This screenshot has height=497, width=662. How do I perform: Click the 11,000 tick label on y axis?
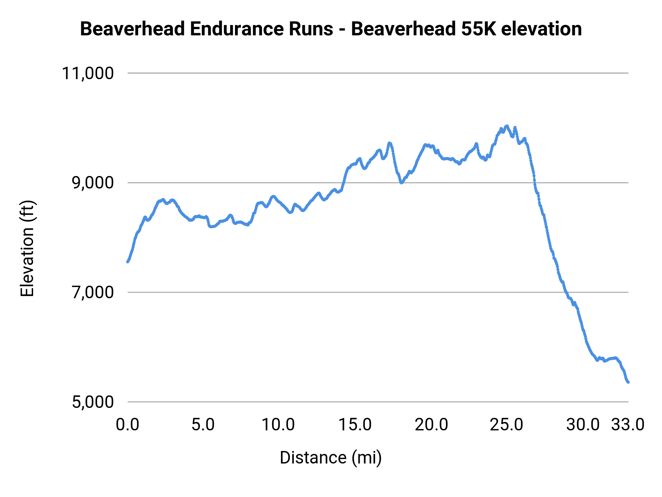click(x=88, y=73)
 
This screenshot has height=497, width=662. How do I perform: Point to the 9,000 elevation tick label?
click(x=93, y=183)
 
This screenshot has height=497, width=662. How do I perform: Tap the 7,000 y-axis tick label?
click(x=93, y=293)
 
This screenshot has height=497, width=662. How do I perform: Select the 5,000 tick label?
click(x=93, y=402)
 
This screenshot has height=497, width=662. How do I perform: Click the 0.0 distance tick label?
click(x=127, y=425)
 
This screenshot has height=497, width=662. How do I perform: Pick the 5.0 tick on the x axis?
click(x=203, y=425)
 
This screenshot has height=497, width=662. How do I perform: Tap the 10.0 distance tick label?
click(x=278, y=425)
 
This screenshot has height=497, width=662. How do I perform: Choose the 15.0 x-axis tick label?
click(x=355, y=425)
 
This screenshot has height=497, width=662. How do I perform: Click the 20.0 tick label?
click(x=431, y=425)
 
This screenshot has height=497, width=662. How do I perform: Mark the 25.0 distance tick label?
click(x=506, y=425)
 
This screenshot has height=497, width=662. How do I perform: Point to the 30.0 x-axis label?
click(x=583, y=425)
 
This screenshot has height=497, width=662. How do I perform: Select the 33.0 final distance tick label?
click(x=628, y=425)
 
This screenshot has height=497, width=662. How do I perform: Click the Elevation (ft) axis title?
click(x=27, y=248)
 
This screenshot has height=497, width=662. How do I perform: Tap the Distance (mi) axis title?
click(x=331, y=458)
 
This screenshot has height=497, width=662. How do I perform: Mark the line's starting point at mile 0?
click(x=128, y=262)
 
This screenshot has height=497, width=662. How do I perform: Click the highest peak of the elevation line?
click(x=507, y=126)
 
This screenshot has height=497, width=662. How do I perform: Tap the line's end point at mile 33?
click(x=628, y=382)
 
